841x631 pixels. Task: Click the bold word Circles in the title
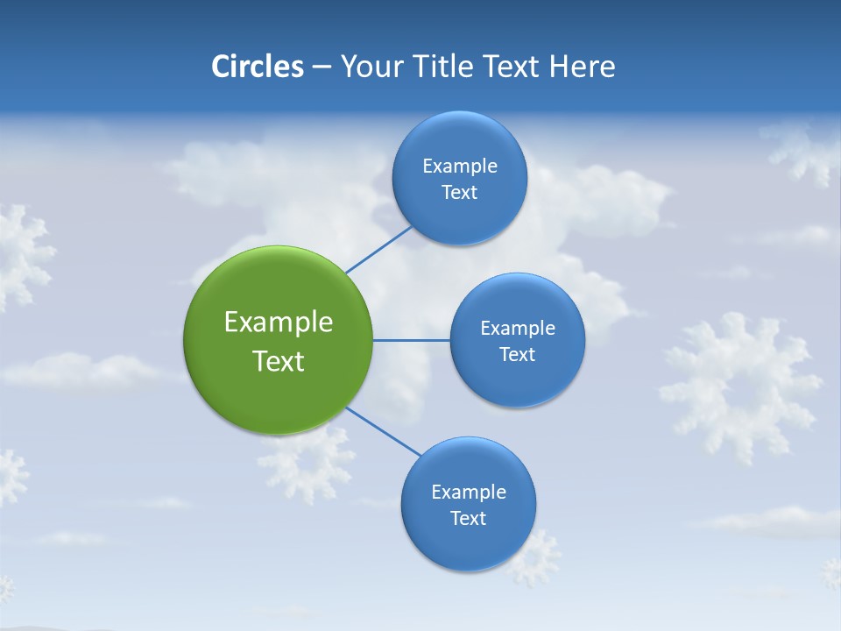click(257, 67)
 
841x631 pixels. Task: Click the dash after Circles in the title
click(322, 67)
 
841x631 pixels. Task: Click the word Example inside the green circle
click(279, 322)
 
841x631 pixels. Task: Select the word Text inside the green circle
click(279, 361)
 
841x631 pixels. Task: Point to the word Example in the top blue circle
click(459, 166)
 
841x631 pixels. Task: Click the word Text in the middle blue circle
click(517, 354)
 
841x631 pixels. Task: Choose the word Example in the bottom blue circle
click(468, 492)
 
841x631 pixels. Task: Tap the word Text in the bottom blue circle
click(468, 518)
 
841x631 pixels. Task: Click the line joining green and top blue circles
click(378, 250)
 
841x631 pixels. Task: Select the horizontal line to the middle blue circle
click(412, 340)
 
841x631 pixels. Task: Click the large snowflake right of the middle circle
click(740, 386)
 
